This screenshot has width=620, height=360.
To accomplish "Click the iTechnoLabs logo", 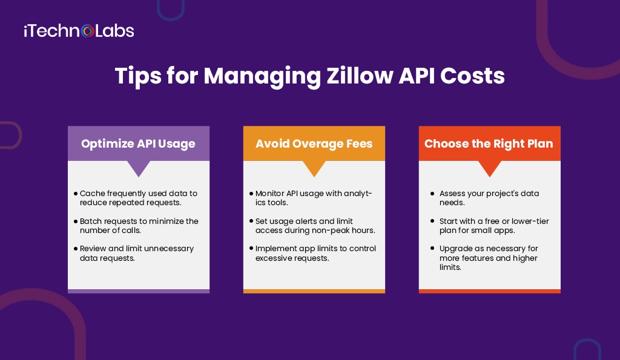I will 79,30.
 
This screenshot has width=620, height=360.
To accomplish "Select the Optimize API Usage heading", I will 138,143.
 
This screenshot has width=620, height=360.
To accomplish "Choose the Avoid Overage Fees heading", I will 314,143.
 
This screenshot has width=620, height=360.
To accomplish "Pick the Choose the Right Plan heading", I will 489,143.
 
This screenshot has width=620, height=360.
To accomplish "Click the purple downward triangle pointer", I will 139,168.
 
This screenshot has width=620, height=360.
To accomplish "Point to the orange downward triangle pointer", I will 314,168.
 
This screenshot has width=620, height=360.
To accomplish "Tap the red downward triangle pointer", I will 490,168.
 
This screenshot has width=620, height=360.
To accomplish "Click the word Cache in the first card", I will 92,194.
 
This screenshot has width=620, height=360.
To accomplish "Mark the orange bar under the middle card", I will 314,291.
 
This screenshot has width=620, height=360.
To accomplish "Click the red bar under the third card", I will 490,291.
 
